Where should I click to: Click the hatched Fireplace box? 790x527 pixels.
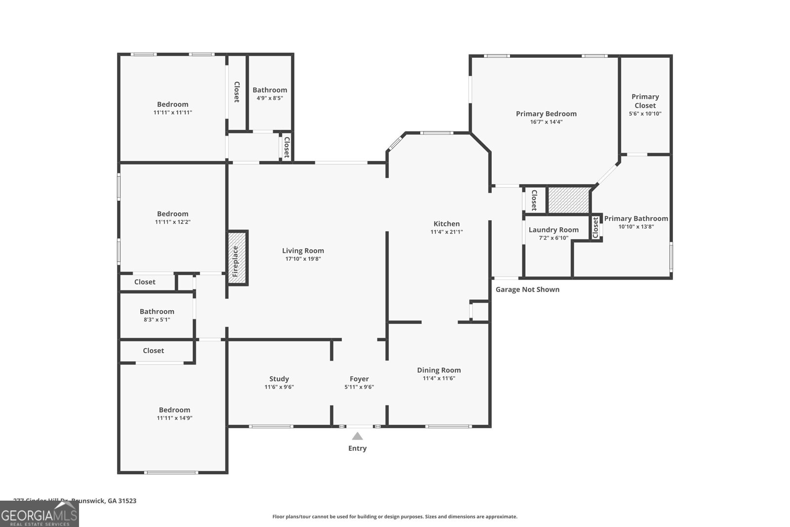coord(237,257)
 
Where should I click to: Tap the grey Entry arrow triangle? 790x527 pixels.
coord(357,436)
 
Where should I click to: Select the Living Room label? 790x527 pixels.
coord(303,251)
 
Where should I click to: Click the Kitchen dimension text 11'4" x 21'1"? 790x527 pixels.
coord(446,232)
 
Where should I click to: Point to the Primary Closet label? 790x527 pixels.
coord(645,101)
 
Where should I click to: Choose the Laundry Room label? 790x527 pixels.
coord(553,230)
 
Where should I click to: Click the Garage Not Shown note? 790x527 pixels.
coord(527,289)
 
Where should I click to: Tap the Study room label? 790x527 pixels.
coord(279,379)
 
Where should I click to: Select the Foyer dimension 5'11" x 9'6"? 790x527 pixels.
coord(359,387)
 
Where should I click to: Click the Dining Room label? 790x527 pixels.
coord(438,370)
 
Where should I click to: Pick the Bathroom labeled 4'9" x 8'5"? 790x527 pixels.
coord(270,90)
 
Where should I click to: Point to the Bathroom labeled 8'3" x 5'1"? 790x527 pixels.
coord(157,312)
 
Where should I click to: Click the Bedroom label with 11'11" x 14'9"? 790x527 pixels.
coord(174,410)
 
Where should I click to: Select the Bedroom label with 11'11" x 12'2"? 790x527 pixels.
coord(172,214)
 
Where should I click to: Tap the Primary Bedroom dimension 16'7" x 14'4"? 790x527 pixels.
coord(546,122)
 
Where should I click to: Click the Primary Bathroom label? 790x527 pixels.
coord(636,218)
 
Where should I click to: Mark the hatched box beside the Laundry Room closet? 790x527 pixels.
coord(569,200)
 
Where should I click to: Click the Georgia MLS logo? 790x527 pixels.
coord(39,514)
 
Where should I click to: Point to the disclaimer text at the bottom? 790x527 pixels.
coord(395,517)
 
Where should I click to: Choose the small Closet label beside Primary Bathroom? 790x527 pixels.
coord(595,227)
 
